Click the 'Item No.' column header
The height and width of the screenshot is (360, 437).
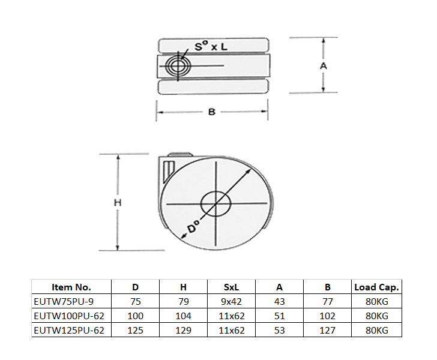71,287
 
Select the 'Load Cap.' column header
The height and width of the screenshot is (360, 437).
376,287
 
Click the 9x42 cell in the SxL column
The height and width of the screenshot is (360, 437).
231,301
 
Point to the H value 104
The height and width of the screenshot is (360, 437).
183,316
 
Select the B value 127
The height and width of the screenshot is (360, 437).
328,330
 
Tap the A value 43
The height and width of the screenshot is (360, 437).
279,301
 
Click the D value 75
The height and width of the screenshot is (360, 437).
135,301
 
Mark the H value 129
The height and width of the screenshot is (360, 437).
183,330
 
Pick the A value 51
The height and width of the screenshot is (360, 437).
279,316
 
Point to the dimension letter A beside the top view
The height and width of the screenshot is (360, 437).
323,66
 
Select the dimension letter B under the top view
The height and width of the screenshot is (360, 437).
211,112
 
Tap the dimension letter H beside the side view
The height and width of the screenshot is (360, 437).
118,203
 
